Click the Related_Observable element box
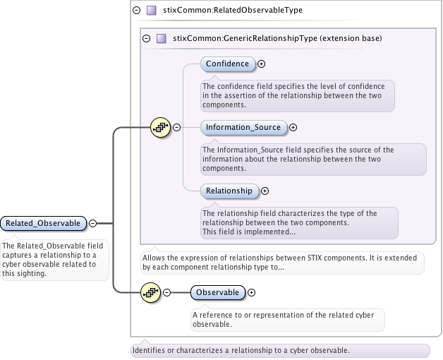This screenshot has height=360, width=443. click(x=43, y=223)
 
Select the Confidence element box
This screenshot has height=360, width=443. click(x=227, y=64)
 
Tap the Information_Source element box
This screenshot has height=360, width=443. click(x=243, y=127)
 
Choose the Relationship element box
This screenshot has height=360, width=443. click(x=229, y=191)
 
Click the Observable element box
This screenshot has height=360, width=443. click(x=218, y=292)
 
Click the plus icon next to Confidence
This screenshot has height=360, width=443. click(x=262, y=64)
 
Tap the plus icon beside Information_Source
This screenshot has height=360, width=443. click(x=293, y=128)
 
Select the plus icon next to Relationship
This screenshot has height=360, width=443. click(x=265, y=191)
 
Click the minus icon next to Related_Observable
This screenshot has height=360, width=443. click(x=92, y=223)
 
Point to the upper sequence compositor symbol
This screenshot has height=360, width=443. click(x=160, y=127)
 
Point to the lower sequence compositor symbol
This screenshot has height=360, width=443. click(x=150, y=292)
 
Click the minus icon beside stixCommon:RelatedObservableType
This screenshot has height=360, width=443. click(x=136, y=11)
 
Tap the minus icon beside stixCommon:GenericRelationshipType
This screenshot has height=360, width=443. click(x=147, y=39)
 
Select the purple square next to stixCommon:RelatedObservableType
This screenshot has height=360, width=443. click(x=151, y=11)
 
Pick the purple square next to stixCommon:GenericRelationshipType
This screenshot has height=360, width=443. click(x=162, y=39)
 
